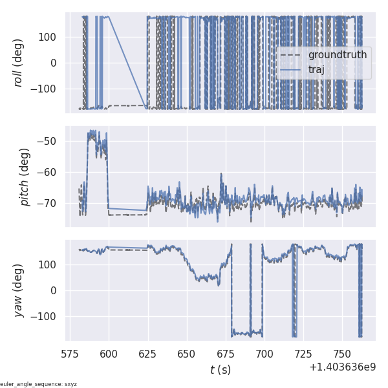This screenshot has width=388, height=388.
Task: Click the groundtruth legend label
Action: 337,55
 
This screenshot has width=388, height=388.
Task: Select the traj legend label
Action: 317,69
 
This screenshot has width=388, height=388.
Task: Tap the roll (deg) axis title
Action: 19,63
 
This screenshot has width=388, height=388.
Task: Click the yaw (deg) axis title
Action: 19,290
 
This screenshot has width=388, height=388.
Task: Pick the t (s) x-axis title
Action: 221,370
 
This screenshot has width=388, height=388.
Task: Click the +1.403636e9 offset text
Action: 342,367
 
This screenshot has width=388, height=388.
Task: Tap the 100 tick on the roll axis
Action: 50,37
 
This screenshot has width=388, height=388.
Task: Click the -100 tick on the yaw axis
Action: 47,316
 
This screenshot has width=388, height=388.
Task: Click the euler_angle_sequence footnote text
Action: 39,384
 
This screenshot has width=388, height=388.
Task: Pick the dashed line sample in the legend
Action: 292,55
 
